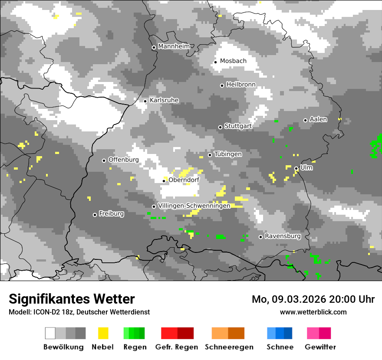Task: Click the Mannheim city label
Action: (174, 46)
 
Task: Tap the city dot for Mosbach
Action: (215, 62)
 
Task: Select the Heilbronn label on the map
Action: (241, 85)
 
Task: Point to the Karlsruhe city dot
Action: (145, 101)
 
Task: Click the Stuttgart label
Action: (238, 126)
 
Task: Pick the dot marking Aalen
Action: (305, 120)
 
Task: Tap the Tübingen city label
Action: (228, 154)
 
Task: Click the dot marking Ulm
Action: (296, 168)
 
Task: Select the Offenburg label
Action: (123, 160)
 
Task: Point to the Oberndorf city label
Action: (184, 180)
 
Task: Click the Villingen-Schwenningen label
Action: (194, 206)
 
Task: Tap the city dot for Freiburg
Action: (95, 215)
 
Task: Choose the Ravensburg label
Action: (283, 236)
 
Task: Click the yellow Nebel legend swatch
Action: (103, 333)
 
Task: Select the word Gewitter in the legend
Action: (320, 347)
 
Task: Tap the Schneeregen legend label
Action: (229, 347)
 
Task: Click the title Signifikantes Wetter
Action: (72, 299)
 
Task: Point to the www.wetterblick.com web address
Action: (313, 312)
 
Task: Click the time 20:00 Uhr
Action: (352, 299)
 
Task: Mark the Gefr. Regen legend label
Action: (177, 347)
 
